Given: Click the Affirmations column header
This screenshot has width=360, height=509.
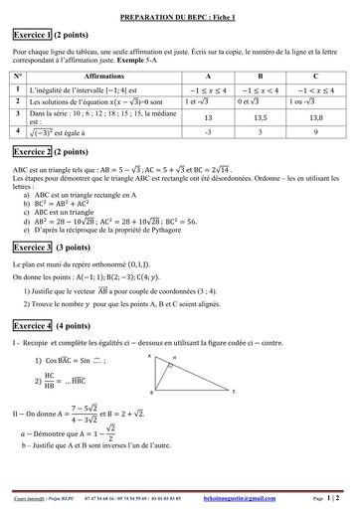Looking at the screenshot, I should [x=104, y=75].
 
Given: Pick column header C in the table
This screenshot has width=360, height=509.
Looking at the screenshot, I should [x=315, y=75].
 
